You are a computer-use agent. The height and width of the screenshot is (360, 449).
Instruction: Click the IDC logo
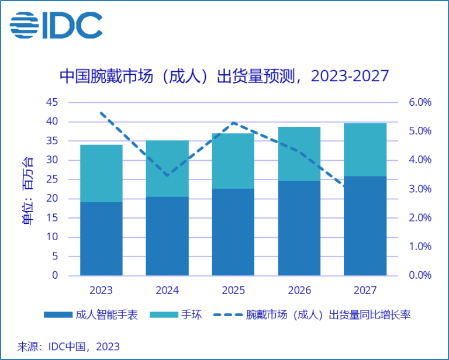pyautogui.click(x=56, y=26)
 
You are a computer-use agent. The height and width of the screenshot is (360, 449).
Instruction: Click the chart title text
pyautogui.click(x=224, y=76)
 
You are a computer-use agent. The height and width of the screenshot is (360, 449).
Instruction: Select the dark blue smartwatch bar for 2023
pyautogui.click(x=101, y=238)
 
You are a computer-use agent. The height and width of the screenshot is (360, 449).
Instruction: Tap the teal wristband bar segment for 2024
pyautogui.click(x=167, y=169)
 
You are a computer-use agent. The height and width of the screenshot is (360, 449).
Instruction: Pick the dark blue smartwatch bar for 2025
pyautogui.click(x=233, y=231)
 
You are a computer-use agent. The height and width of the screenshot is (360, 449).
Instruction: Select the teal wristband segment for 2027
pyautogui.click(x=365, y=150)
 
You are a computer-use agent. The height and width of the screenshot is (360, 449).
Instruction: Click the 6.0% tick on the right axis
pyautogui.click(x=419, y=102)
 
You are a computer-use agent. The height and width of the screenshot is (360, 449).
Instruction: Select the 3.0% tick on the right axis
pyautogui.click(x=419, y=189)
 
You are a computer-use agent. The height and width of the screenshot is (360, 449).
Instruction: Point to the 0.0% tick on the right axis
pyautogui.click(x=419, y=275)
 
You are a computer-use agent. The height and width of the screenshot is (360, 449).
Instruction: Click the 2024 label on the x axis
pyautogui.click(x=167, y=290)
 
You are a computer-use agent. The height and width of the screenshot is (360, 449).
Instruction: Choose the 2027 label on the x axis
pyautogui.click(x=365, y=290)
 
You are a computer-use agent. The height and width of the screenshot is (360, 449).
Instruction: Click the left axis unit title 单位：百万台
pyautogui.click(x=27, y=189)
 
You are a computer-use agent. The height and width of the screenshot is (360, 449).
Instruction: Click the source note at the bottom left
pyautogui.click(x=68, y=346)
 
